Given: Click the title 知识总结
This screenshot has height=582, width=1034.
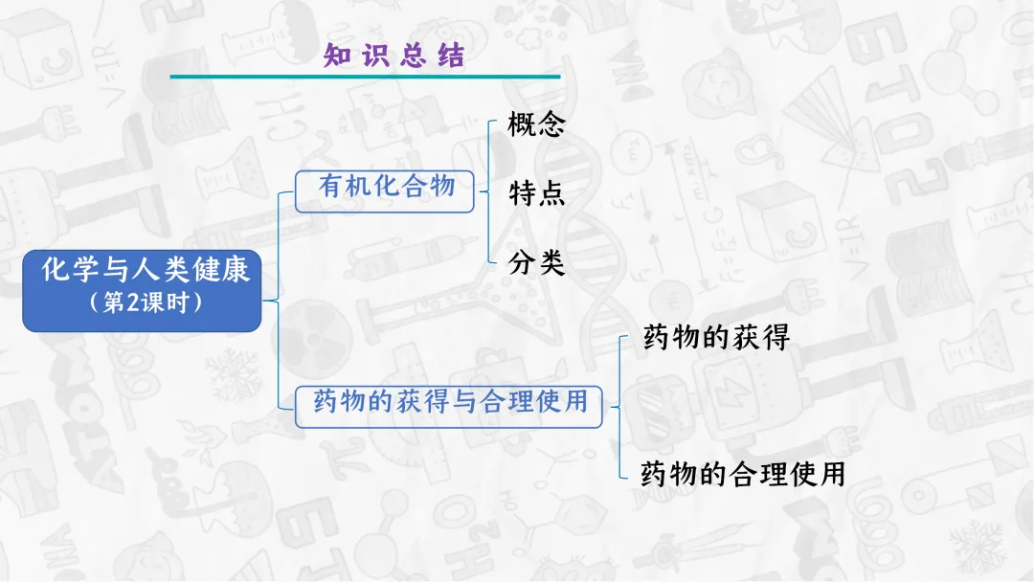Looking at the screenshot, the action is (393, 56).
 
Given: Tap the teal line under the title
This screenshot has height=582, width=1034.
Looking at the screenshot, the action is (365, 77).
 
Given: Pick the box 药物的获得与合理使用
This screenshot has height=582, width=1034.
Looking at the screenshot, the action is (450, 402).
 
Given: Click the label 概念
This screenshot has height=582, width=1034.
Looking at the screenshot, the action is (536, 124).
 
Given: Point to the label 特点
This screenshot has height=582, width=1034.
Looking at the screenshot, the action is (536, 193).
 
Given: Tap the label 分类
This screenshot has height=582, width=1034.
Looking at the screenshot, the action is (536, 262).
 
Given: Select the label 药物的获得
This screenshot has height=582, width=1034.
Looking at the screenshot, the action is (716, 337).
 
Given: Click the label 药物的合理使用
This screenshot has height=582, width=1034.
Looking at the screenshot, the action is (743, 474).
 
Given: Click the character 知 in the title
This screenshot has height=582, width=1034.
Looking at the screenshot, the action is (337, 56).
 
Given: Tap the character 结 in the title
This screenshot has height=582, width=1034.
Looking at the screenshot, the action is (450, 56).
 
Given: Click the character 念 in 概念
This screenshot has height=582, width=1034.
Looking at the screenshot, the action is (551, 124).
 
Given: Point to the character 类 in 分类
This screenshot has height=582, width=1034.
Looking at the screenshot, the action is (551, 262).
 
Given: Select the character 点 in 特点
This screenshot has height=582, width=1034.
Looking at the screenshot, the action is (551, 193).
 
